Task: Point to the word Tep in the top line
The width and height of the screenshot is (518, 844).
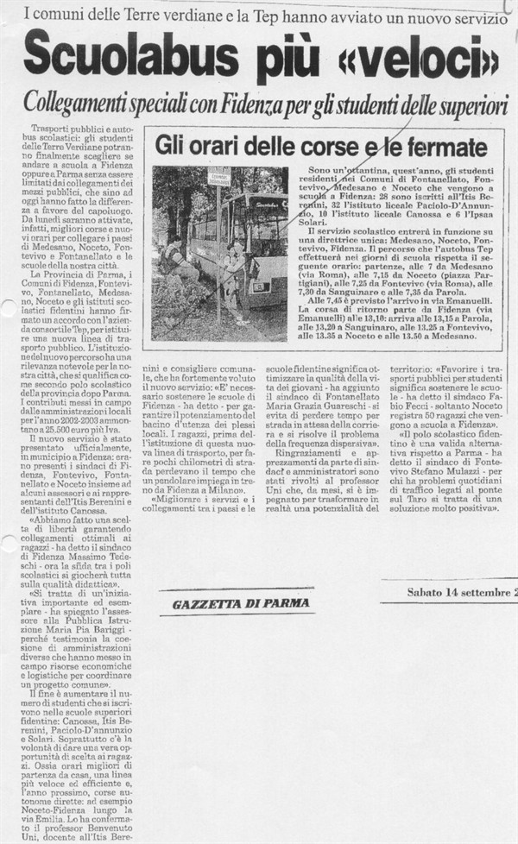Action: coord(264,15)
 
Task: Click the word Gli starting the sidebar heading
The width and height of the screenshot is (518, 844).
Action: coord(169,147)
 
